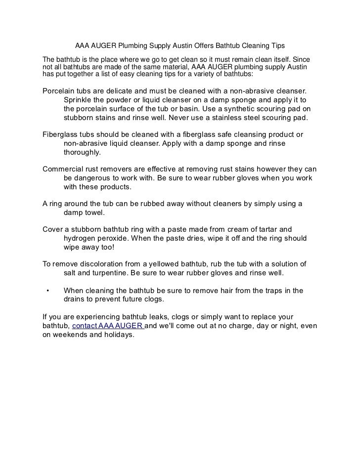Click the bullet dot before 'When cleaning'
pos(47,291)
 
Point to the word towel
pos(95,213)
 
